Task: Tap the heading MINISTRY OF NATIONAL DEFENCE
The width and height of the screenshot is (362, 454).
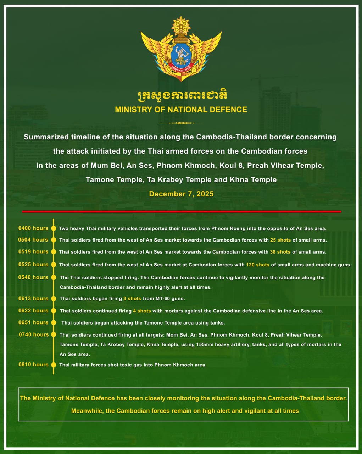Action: coord(181,110)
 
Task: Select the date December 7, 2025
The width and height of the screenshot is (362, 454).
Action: coord(181,194)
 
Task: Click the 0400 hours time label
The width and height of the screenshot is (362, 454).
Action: coord(33,228)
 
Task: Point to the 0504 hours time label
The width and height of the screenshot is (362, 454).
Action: coord(33,240)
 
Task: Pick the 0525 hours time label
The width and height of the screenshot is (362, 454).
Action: coord(33,264)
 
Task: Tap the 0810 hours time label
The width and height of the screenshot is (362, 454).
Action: coord(33,364)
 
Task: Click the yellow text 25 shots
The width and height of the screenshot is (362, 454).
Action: coord(280,240)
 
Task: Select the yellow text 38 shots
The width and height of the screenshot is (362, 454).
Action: coord(280,252)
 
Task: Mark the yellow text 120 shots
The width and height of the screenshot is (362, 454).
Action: coord(258,265)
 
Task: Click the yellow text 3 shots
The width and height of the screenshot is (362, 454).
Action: coord(132,299)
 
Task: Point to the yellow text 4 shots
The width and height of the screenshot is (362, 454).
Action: coord(142,311)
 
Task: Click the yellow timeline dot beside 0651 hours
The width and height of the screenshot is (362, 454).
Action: coord(54,322)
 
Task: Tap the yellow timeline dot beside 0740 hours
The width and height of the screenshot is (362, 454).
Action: coord(54,334)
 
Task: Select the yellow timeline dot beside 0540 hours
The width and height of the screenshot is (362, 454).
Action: coord(54,277)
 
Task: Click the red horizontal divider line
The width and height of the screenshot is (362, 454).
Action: coord(181,211)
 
